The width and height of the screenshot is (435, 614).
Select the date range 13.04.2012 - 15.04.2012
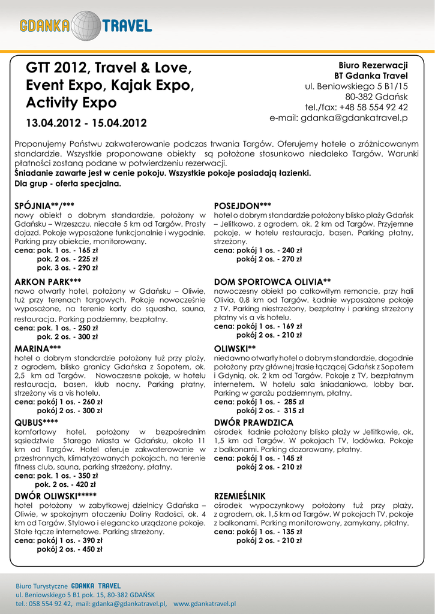click(x=86, y=124)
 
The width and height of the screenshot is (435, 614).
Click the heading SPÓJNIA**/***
click(x=44, y=206)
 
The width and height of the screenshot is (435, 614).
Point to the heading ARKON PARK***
click(x=47, y=281)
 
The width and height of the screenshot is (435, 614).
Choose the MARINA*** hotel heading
click(x=37, y=348)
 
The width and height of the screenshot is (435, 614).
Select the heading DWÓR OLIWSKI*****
click(x=55, y=495)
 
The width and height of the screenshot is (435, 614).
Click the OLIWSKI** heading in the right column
click(x=235, y=348)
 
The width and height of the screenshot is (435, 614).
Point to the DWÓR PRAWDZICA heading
click(x=254, y=422)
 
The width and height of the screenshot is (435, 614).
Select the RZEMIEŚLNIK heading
click(x=239, y=496)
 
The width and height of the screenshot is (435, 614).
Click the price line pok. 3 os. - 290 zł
click(x=67, y=268)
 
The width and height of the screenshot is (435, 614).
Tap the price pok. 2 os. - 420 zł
click(x=65, y=484)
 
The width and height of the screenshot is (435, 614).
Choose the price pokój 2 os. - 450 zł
click(x=70, y=549)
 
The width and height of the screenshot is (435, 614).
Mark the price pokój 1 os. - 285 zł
click(x=270, y=402)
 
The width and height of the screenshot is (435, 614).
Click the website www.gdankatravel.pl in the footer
click(x=205, y=604)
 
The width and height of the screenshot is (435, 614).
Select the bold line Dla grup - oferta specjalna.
click(x=68, y=183)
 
